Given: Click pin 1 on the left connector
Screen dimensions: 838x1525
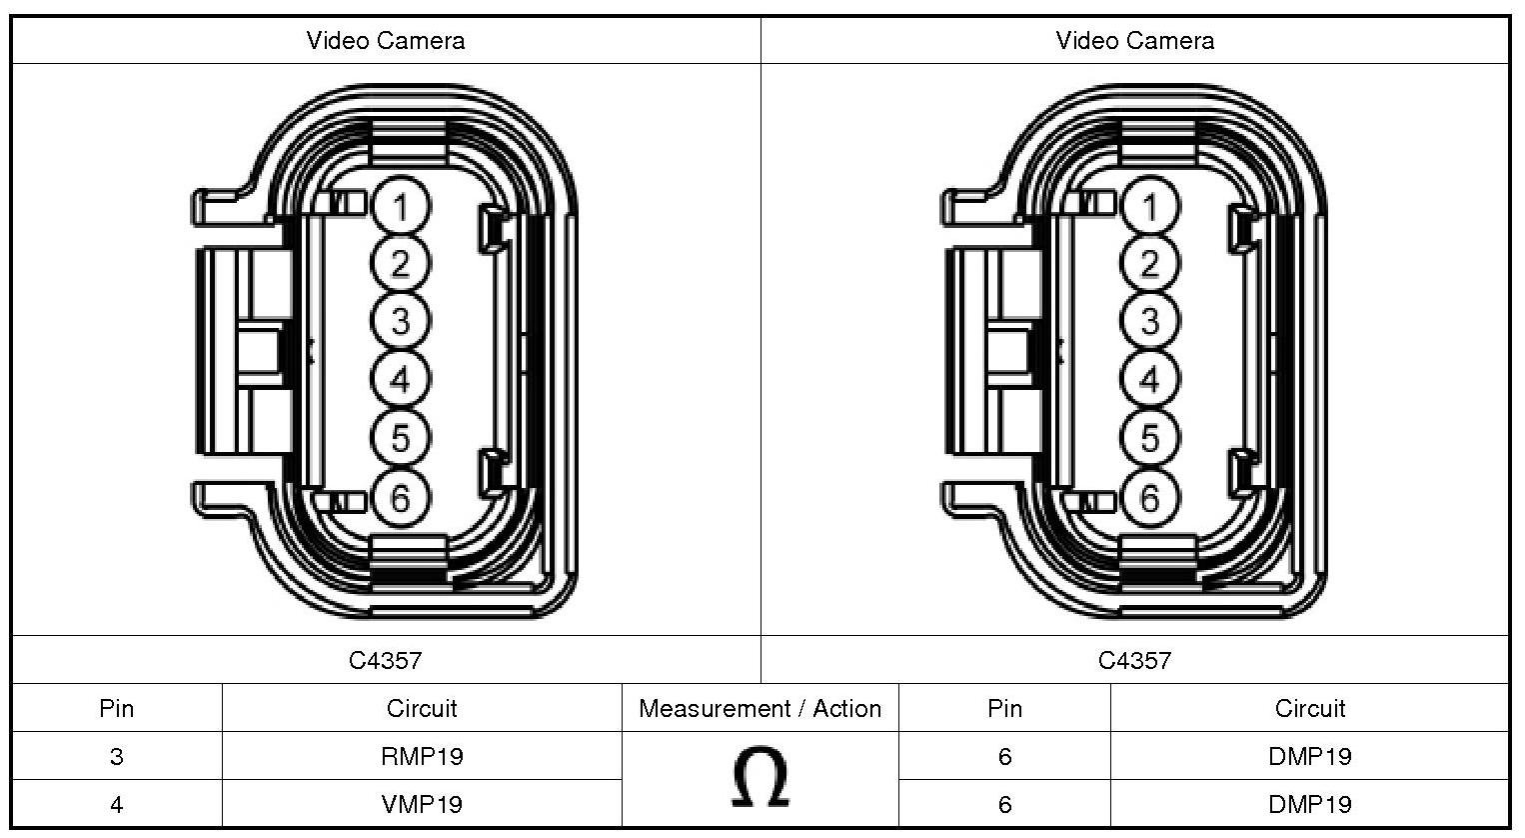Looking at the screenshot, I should coord(401,207).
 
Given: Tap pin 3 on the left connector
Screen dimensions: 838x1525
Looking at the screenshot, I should coord(401,321).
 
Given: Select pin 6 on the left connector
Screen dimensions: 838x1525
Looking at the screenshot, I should coord(401,497).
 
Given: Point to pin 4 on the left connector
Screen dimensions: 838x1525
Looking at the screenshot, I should coord(401,380).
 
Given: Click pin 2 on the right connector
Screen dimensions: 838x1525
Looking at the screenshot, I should coord(1150,264).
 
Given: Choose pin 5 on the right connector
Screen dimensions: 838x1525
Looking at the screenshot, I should coord(1150,438).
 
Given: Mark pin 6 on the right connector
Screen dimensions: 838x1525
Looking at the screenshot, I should coord(1150,497).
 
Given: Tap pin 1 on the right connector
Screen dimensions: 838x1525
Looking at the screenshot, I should coord(1150,207).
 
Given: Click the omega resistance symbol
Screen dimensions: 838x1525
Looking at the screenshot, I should coord(760,779).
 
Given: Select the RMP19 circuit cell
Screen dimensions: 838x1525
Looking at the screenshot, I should coord(422,756).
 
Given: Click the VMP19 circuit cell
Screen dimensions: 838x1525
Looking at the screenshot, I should coord(422,804).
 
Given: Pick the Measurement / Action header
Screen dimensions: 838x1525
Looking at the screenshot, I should coord(760,709).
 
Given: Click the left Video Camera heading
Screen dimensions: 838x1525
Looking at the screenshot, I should coord(386,41).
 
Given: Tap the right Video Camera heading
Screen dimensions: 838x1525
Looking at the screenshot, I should coord(1135,41).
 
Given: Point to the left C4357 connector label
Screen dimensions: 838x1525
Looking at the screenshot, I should coord(386,660).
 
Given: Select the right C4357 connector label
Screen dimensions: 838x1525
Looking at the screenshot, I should coord(1134,660).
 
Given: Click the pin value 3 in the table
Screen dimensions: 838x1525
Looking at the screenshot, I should coord(117,756).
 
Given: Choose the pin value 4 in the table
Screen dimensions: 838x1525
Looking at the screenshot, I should coord(117,804).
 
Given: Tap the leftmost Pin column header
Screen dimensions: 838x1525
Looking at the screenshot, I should coord(117,709).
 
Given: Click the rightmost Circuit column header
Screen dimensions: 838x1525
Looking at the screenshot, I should coord(1310,709).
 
